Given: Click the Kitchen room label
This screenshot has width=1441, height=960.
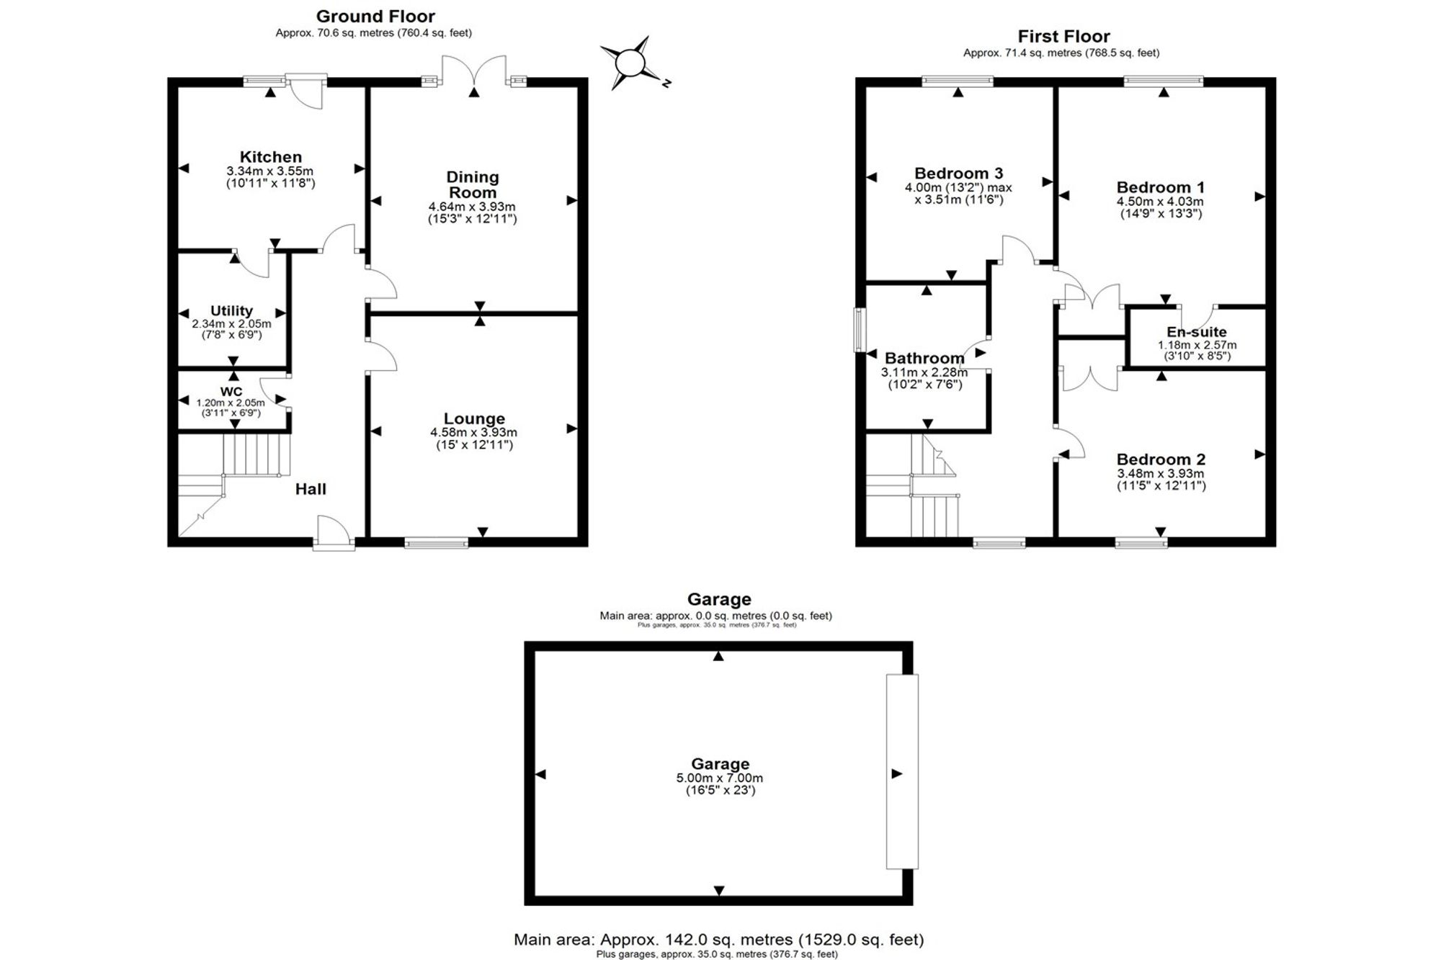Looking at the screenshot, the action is [271, 157].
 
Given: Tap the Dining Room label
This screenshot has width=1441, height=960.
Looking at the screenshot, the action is [473, 184].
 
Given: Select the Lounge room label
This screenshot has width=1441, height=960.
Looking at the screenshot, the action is [474, 418].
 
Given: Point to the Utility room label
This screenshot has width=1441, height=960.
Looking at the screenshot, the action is [231, 310].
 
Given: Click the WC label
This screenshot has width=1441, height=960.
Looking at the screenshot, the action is [231, 392].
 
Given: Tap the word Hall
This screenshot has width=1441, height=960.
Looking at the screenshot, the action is [311, 489].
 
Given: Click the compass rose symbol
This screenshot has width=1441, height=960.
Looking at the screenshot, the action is [632, 63].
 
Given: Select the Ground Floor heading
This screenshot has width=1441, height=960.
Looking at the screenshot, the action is [375, 16].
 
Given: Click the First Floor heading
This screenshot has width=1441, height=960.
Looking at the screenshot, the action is [1063, 36].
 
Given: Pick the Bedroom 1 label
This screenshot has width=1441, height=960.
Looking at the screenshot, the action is [1160, 187].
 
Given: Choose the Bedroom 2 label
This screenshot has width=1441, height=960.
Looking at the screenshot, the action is [1161, 459].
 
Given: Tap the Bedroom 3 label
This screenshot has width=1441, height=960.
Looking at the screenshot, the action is [958, 173].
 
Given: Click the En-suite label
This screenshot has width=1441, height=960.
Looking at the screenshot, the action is [1197, 332].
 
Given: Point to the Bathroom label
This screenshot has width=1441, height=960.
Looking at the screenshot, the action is [924, 358].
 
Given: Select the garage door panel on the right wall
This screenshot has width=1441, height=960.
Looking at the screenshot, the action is [903, 771].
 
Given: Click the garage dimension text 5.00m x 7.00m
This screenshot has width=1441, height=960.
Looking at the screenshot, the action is [720, 778].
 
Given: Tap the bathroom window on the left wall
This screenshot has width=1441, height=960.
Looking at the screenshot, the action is [860, 330].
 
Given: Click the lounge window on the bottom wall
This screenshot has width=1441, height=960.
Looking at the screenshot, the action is [437, 543].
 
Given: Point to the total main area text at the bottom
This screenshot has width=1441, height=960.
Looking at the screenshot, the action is [718, 939].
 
